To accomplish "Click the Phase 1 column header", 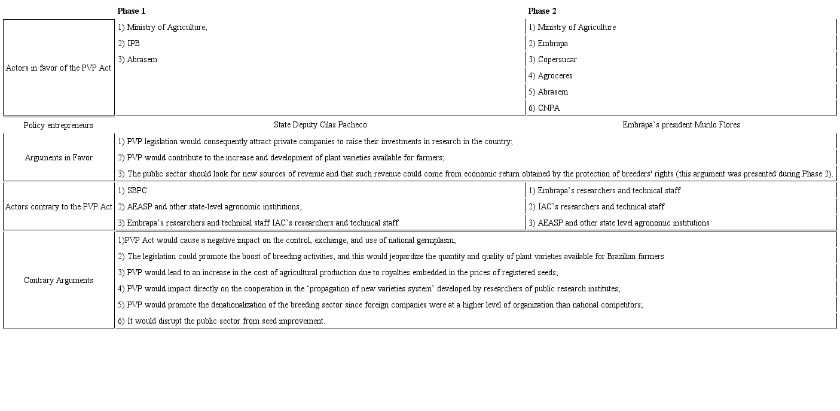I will pyautogui.click(x=132, y=11).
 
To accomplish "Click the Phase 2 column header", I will pyautogui.click(x=542, y=11).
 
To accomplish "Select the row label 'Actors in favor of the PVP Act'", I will pyautogui.click(x=59, y=68).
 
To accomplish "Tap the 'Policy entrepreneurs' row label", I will pyautogui.click(x=59, y=125).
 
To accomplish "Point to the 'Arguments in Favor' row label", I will pyautogui.click(x=59, y=157).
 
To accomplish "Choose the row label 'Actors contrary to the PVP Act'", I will pyautogui.click(x=59, y=206).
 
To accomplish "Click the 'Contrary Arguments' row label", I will pyautogui.click(x=59, y=280).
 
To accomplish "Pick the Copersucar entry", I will pyautogui.click(x=552, y=59).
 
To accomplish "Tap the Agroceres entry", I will pyautogui.click(x=550, y=75).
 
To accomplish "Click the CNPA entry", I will pyautogui.click(x=544, y=108).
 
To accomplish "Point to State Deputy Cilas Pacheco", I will pyautogui.click(x=320, y=124).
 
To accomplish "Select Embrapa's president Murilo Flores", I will pyautogui.click(x=681, y=124).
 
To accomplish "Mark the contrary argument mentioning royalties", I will pyautogui.click(x=338, y=272).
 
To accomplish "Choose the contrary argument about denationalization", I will pyautogui.click(x=380, y=305).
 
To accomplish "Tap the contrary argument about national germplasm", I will pyautogui.click(x=287, y=240).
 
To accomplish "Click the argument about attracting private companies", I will pyautogui.click(x=315, y=141).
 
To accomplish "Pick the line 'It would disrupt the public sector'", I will pyautogui.click(x=221, y=321).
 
